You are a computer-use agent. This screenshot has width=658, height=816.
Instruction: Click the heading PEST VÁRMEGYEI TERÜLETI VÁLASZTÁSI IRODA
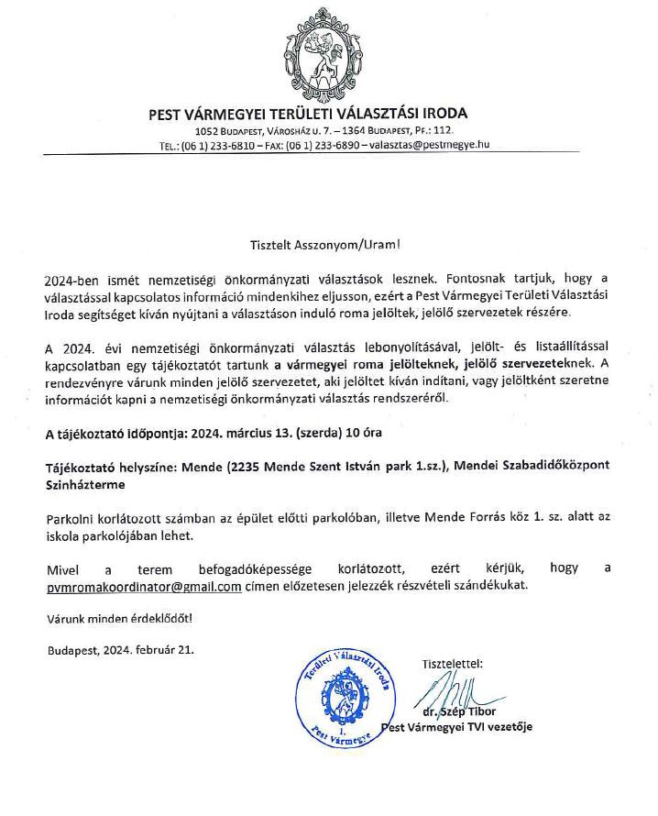[308, 115]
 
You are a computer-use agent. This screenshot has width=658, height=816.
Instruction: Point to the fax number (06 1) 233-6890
[325, 145]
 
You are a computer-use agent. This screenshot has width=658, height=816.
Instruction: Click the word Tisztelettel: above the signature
[451, 663]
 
